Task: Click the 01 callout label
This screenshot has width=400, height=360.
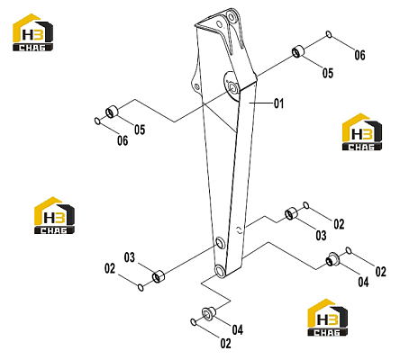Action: click(278, 103)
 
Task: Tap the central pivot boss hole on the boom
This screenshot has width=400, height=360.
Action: click(233, 86)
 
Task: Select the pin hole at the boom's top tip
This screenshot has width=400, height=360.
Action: click(232, 16)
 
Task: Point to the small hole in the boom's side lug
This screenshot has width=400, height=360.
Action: click(196, 87)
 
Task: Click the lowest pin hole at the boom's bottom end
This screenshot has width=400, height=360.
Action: click(220, 271)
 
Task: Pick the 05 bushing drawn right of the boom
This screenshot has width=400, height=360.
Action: click(298, 51)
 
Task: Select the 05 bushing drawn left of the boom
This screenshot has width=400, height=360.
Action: click(112, 112)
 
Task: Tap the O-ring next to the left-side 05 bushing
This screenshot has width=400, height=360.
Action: click(97, 121)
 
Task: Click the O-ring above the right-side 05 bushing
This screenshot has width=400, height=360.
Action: click(329, 34)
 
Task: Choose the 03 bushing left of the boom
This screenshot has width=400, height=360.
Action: click(158, 276)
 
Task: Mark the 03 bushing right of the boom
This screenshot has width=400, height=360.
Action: click(291, 213)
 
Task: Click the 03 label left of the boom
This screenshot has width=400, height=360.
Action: click(130, 257)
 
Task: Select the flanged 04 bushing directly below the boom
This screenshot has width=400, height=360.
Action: click(208, 312)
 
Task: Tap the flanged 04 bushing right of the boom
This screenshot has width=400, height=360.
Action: click(332, 259)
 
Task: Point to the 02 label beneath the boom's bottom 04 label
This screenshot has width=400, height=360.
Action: click(225, 343)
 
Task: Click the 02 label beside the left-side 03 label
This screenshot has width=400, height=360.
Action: click(110, 268)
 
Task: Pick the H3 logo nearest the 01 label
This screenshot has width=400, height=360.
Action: click(362, 132)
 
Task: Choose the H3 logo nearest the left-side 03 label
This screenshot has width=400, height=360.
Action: click(54, 215)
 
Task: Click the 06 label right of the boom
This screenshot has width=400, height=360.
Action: click(359, 55)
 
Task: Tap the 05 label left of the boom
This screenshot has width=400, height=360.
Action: click(140, 130)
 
